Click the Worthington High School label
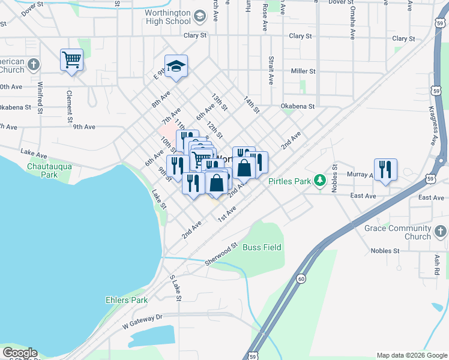[167, 17]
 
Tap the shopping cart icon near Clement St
[71, 60]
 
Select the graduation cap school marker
[176, 66]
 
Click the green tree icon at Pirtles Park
[321, 180]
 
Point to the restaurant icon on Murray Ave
[385, 169]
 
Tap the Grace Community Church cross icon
[440, 231]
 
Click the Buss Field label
[262, 247]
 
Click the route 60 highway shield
[301, 278]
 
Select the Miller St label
[303, 71]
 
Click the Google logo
[19, 353]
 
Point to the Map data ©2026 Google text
[411, 355]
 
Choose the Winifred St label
[40, 98]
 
